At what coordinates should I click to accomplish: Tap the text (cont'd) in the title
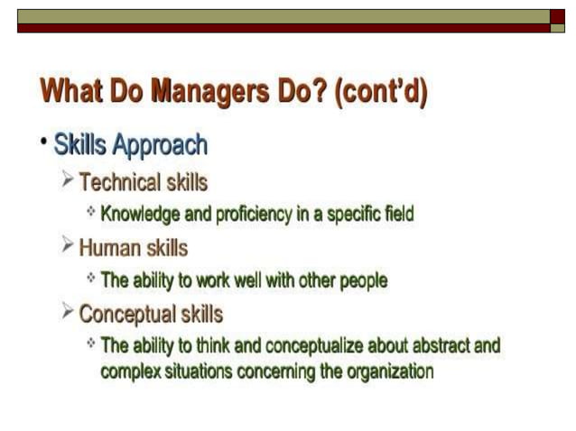click(x=380, y=91)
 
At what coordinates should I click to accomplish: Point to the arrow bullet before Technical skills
click(x=68, y=181)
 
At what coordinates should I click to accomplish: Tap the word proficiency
click(x=241, y=215)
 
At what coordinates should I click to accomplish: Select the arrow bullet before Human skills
click(x=68, y=245)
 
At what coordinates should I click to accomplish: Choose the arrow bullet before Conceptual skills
click(x=68, y=312)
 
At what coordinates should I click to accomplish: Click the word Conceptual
click(x=128, y=314)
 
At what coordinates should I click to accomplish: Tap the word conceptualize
click(x=307, y=346)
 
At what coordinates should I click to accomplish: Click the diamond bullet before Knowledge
click(x=90, y=213)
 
